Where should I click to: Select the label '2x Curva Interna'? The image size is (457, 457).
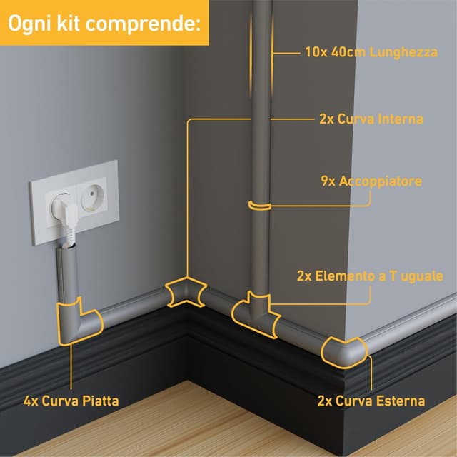(371, 119)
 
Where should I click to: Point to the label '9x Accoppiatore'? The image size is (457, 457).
(371, 181)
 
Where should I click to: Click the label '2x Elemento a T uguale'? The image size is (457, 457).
(371, 276)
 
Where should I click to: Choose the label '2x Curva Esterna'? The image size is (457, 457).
(371, 401)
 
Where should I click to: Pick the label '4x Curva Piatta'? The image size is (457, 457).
(71, 401)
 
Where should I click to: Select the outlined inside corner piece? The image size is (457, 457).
(185, 293)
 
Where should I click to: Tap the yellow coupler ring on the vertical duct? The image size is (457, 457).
(260, 206)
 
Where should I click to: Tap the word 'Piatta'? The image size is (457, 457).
(99, 401)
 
